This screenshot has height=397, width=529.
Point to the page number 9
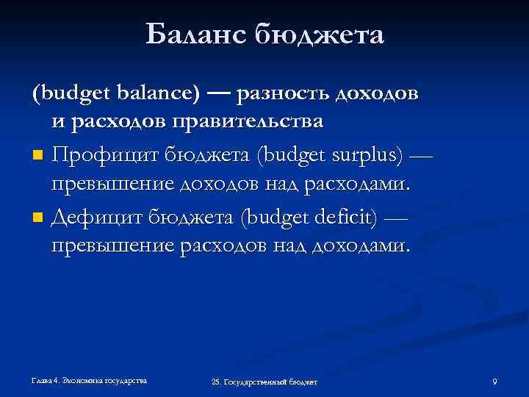coord(494,381)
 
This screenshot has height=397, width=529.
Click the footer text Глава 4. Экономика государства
coord(89,380)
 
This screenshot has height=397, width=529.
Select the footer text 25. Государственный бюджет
coord(264,382)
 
